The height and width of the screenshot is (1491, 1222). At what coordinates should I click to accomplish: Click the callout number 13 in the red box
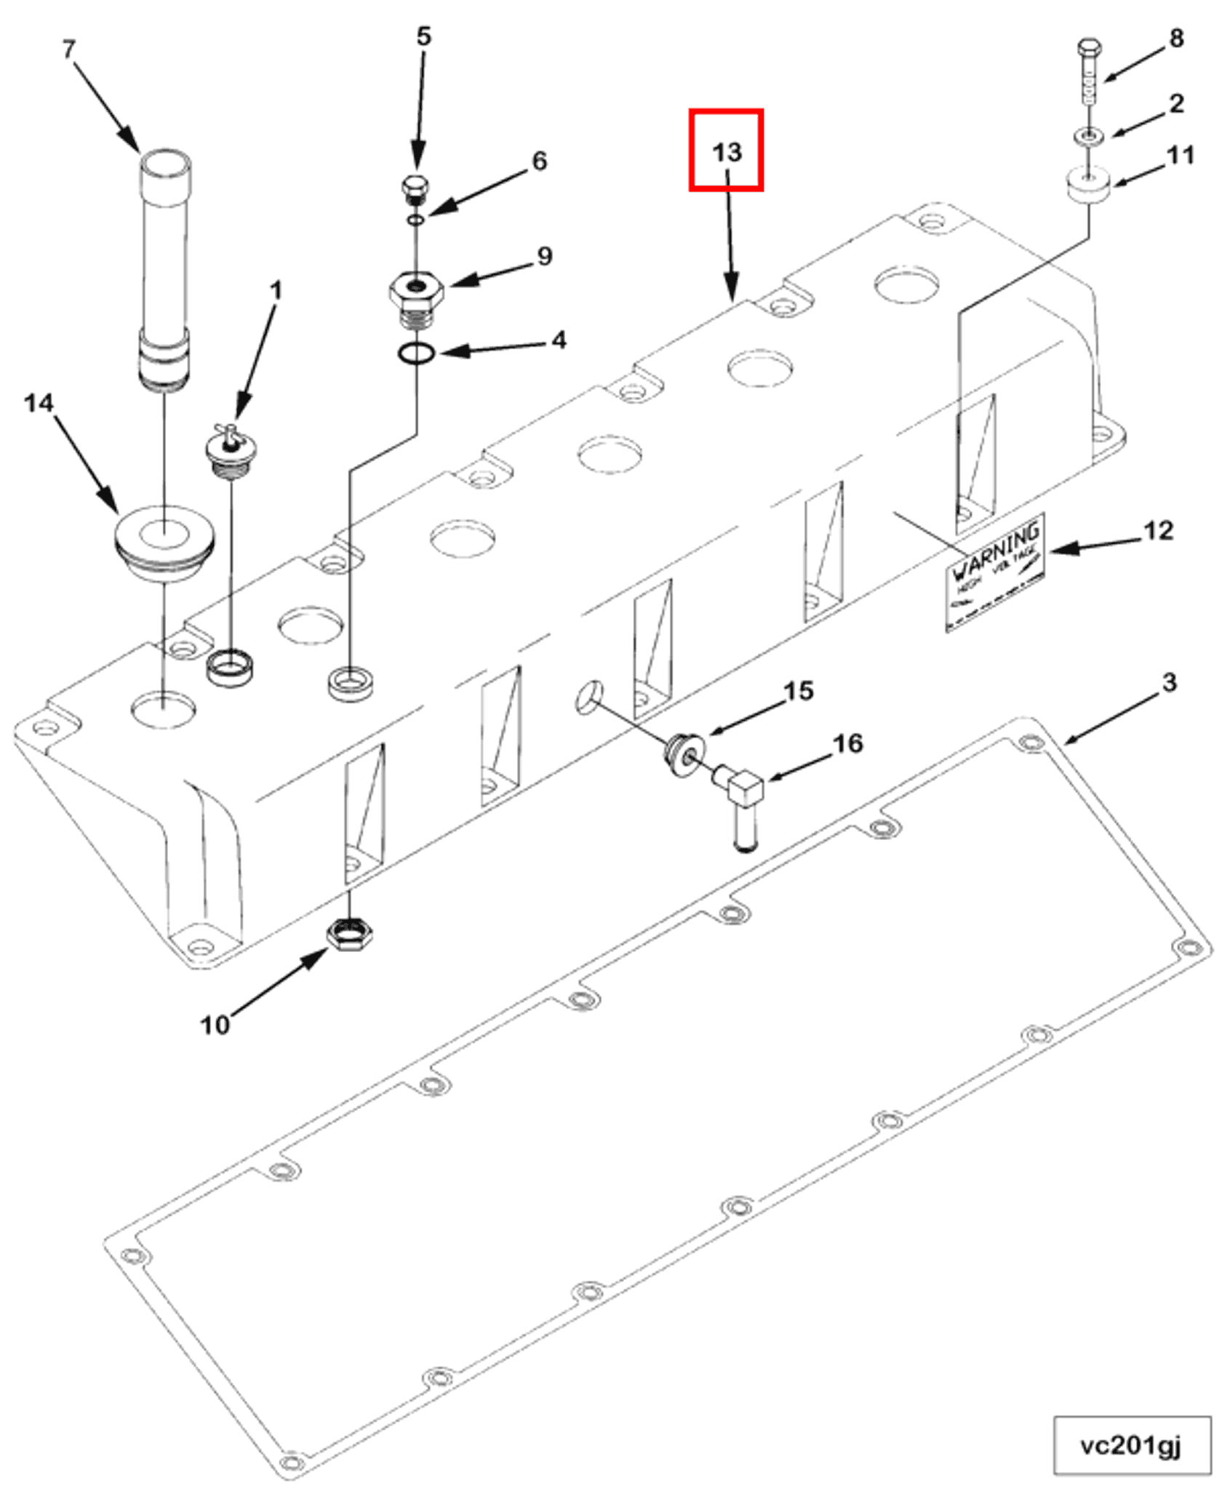[727, 152]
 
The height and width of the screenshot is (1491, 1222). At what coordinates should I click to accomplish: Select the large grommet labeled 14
[164, 541]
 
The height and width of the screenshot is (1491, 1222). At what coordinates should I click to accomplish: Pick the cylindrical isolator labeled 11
[1089, 185]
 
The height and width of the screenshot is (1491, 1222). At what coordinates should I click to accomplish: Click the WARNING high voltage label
[995, 571]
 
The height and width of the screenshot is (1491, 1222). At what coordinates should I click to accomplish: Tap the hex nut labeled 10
[350, 935]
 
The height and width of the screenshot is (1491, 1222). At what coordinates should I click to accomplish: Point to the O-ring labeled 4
[416, 354]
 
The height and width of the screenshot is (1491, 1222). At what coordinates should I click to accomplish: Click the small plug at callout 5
[415, 188]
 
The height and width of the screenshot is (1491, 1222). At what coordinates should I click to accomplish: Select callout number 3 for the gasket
[1168, 682]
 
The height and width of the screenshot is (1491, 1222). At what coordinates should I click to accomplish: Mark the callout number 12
[1158, 531]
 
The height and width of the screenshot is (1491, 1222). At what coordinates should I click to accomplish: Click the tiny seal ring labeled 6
[415, 219]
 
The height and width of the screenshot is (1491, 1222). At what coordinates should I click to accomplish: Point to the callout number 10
[215, 1025]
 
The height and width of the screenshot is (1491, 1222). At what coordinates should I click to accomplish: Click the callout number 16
[847, 743]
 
